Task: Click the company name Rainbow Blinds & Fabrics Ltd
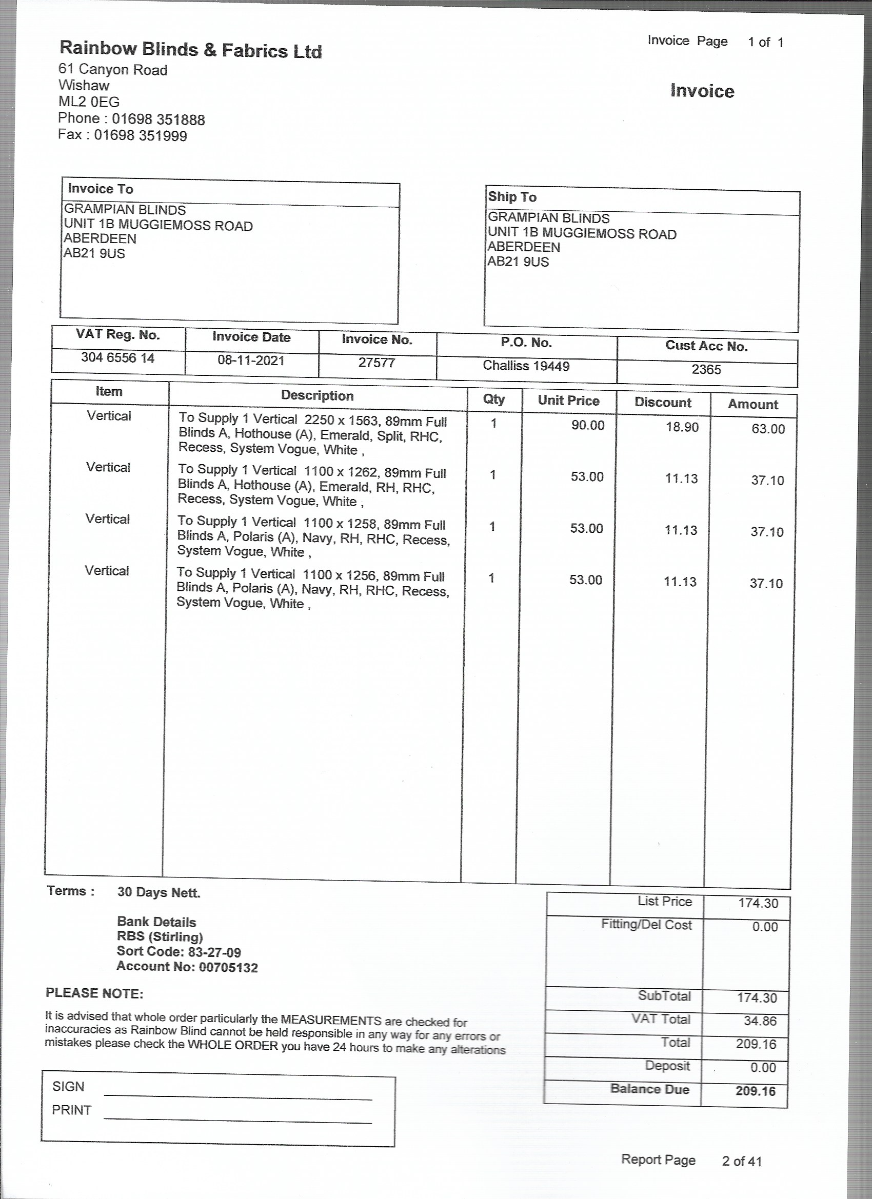pyautogui.click(x=190, y=50)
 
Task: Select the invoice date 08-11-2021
pyautogui.click(x=251, y=361)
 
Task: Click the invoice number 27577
pyautogui.click(x=376, y=363)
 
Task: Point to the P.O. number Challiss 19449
pyautogui.click(x=526, y=366)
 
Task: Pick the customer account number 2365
pyautogui.click(x=706, y=369)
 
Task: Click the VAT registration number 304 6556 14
pyautogui.click(x=118, y=358)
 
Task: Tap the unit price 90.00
pyautogui.click(x=587, y=426)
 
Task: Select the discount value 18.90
pyautogui.click(x=682, y=427)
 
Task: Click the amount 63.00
pyautogui.click(x=768, y=429)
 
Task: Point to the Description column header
pyautogui.click(x=318, y=395)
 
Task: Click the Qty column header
pyautogui.click(x=494, y=399)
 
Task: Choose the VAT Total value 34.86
pyautogui.click(x=760, y=1021)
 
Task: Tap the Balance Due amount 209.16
pyautogui.click(x=755, y=1091)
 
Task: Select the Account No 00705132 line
pyautogui.click(x=187, y=967)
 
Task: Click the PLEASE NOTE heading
pyautogui.click(x=95, y=993)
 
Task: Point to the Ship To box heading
pyautogui.click(x=512, y=197)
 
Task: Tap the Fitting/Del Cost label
pyautogui.click(x=646, y=925)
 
